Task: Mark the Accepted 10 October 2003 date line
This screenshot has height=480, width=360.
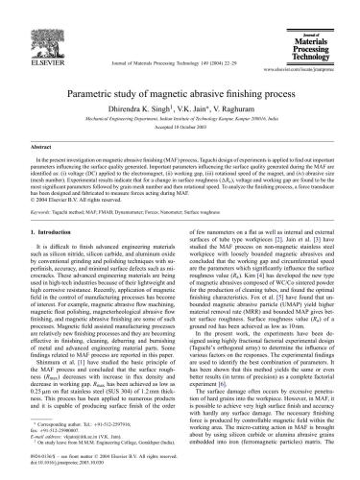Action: click(180, 127)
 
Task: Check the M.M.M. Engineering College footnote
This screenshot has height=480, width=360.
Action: click(96, 440)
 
